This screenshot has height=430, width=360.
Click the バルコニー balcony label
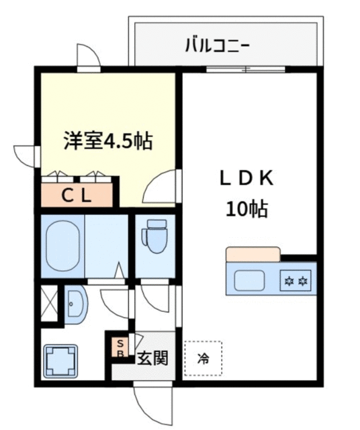pos(217,46)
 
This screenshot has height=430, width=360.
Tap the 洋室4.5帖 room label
pos(108,140)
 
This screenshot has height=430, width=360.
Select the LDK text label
pos(246,178)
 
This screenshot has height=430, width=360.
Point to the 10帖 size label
pos(246,209)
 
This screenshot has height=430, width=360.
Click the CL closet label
pos(77,196)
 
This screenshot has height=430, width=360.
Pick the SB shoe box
pos(120,348)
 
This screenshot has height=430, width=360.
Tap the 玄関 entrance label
pos(152,357)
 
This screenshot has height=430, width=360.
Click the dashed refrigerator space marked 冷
pos(203,358)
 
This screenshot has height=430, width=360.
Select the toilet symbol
pos(154,236)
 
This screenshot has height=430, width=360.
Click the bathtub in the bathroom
pos(62,246)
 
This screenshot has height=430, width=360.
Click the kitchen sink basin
pos(249,280)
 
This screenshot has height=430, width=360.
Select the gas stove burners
pos(296,280)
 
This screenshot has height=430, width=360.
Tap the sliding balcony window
pos(246,69)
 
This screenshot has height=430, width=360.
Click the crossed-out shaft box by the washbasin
pos(49,303)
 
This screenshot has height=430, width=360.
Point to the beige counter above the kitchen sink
pos(253,254)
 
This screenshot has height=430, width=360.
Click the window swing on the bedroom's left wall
pos(26,157)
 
